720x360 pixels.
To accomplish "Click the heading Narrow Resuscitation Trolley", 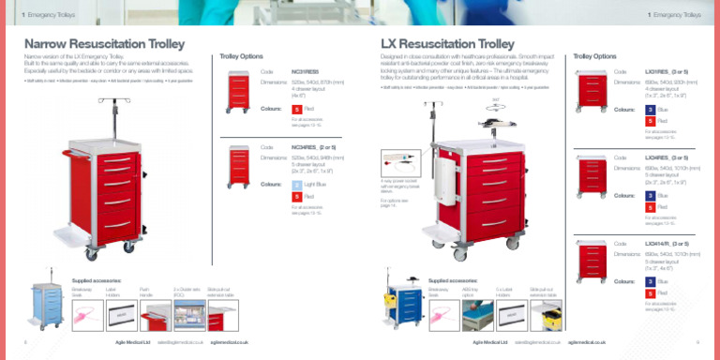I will coord(104,44).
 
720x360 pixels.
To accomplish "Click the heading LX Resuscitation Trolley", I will coord(448,44).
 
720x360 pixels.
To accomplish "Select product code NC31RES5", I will coord(306,70).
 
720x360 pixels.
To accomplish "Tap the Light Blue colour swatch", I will coord(297,184).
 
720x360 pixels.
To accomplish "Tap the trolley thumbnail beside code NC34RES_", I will coord(239,166).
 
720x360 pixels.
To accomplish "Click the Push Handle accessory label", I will coord(144,292).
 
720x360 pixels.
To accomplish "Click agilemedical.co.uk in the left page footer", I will coord(229,342).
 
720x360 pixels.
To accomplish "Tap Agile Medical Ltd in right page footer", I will coord(489,342).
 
